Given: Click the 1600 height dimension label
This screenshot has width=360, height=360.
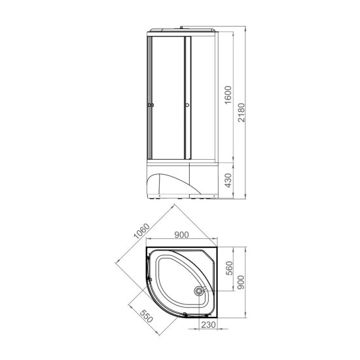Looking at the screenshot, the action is coord(228,95).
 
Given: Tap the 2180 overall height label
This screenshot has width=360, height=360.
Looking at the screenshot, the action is coord(241,113).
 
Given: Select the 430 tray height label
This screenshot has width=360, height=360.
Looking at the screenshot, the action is coord(228,180).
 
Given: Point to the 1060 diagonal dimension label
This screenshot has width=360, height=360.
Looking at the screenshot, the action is coord(141,231).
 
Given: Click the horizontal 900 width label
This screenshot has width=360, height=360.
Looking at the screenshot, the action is coord(181,235).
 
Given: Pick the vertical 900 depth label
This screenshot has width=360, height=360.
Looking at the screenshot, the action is coord(241,282).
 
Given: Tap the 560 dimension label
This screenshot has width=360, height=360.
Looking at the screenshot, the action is coord(229,268).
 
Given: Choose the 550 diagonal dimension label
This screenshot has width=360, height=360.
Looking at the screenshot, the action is coord(146,316).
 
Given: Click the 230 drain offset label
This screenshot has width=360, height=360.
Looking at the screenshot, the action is coord(209,325).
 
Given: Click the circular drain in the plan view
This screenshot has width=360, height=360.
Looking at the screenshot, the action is coord(198,291).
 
